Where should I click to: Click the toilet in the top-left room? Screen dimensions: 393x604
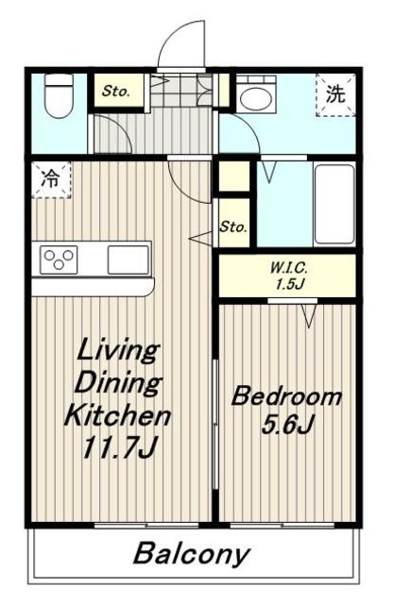pyautogui.click(x=59, y=95)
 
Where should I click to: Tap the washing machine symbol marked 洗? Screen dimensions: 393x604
pyautogui.click(x=335, y=94)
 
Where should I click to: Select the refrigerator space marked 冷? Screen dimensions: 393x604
pyautogui.click(x=51, y=180)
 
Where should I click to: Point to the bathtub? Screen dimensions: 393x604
pyautogui.click(x=334, y=204)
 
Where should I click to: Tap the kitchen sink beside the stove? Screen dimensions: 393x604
pyautogui.click(x=128, y=260)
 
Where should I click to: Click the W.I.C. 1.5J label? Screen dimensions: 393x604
pyautogui.click(x=288, y=276)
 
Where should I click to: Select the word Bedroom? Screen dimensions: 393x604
pyautogui.click(x=286, y=396)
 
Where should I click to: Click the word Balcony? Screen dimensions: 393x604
pyautogui.click(x=192, y=554)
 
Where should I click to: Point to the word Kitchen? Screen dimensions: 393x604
pyautogui.click(x=118, y=415)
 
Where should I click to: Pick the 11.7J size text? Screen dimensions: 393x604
pyautogui.click(x=119, y=448)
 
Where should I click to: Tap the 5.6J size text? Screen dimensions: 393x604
pyautogui.click(x=287, y=425)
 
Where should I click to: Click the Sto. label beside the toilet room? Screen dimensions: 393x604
pyautogui.click(x=115, y=92)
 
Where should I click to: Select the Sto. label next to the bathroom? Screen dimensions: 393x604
pyautogui.click(x=233, y=226)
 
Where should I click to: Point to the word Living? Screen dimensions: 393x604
pyautogui.click(x=118, y=351)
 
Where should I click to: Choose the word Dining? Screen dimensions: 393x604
pyautogui.click(x=118, y=383)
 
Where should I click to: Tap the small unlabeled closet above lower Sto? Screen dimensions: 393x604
pyautogui.click(x=234, y=176)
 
